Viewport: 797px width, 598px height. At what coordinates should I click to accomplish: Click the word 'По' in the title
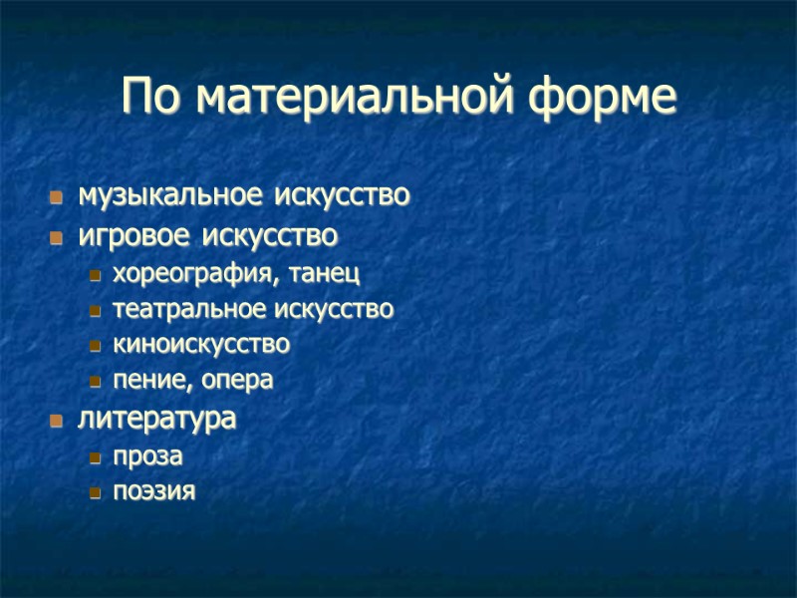coord(153,97)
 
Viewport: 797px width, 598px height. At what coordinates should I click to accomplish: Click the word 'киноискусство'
coord(201,345)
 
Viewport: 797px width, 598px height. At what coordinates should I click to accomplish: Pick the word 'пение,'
coord(152,381)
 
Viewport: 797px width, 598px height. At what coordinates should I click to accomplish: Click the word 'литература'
coord(156,419)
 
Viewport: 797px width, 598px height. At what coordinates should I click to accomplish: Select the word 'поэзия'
coord(153,491)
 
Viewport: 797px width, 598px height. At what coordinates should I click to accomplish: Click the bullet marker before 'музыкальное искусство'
coord(57,197)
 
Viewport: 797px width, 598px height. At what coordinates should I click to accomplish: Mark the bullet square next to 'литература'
coord(57,420)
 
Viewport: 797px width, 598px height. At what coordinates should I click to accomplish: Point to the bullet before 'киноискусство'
coord(95,347)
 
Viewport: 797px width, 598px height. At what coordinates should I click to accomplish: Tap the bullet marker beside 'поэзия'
coord(95,492)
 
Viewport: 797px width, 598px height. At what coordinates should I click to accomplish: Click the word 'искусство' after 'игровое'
coord(269,237)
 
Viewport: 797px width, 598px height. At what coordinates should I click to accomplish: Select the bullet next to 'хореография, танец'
coord(95,274)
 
